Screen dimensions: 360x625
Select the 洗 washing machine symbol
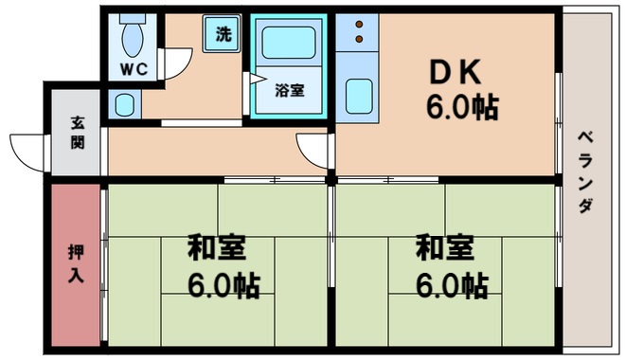pos(223,36)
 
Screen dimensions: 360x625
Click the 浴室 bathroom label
pos(289,91)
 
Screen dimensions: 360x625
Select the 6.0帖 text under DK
pos(461,106)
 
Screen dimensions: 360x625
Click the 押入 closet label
pos(76,264)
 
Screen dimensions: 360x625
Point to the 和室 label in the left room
pos(216,248)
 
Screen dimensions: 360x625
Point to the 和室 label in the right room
pos(444,248)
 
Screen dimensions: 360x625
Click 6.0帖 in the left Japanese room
pos(223,283)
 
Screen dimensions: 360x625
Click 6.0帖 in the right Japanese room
pos(451,283)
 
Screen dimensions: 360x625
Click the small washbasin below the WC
pos(123,103)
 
